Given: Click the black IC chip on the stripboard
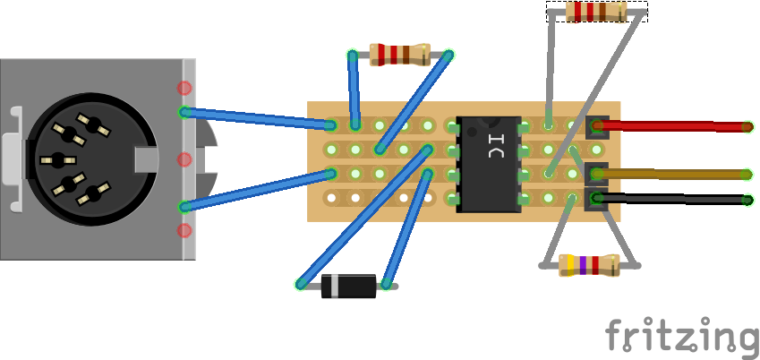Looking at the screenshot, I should (489, 163).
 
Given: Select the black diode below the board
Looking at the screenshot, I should (349, 286).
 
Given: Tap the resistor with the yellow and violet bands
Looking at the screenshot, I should (589, 264).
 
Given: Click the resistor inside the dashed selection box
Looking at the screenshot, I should (596, 12).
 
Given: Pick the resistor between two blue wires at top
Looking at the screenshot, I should (400, 55).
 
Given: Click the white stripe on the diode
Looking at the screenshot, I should (333, 286).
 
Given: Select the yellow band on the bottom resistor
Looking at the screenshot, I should (569, 264).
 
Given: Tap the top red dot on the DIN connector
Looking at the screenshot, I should (184, 88).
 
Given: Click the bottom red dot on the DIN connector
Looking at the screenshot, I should (184, 230).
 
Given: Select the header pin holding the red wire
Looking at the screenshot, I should (596, 126).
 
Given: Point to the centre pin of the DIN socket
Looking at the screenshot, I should (59, 160).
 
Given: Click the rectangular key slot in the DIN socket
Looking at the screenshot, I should (146, 160).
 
